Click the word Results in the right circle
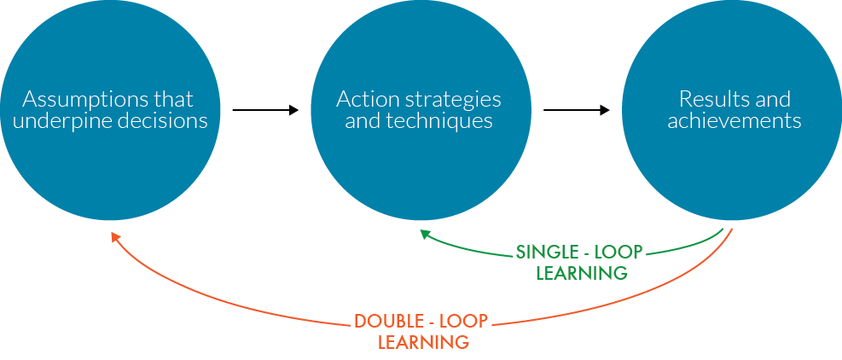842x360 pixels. point(704,99)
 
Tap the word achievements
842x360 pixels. point(734,121)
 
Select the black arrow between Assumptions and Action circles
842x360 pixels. point(264,110)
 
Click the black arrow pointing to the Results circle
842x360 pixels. point(577,110)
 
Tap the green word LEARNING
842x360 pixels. point(582,274)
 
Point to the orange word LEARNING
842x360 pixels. point(423,343)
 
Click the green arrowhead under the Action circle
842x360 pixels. point(425,233)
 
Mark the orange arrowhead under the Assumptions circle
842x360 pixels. point(115,237)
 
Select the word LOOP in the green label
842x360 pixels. point(620,253)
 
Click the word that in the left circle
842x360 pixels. point(173,99)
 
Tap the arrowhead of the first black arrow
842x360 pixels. point(294,110)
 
